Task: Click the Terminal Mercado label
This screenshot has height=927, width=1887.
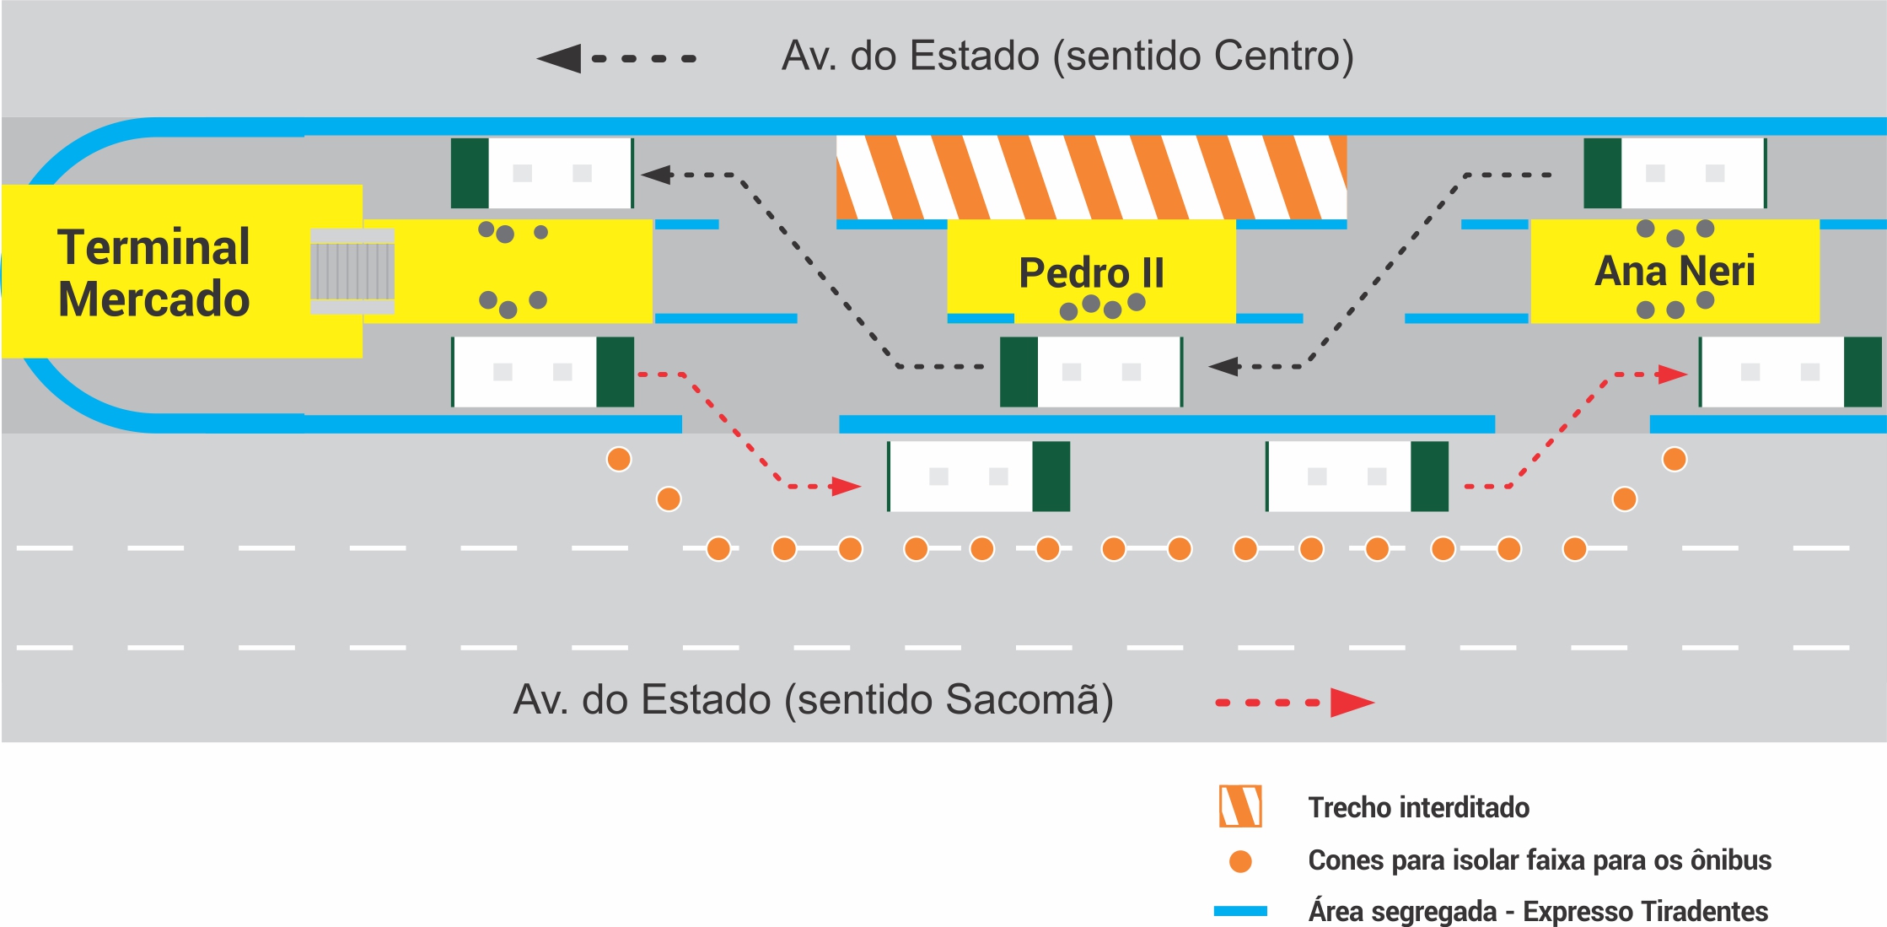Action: [153, 272]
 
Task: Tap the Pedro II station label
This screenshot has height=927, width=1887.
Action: [1091, 272]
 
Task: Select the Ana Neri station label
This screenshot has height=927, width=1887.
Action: [1675, 271]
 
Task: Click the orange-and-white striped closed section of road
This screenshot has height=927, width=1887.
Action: [1091, 177]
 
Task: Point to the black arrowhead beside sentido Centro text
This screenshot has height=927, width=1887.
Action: [559, 58]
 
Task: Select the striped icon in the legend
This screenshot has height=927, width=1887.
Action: [1240, 806]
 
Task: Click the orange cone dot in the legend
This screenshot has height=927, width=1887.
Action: [1240, 861]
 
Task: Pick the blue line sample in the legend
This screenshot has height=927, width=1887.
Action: [1240, 911]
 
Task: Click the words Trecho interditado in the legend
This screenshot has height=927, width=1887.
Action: [1418, 807]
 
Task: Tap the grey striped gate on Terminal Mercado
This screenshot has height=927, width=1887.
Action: [352, 271]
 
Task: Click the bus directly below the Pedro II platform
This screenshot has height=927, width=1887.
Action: [1091, 372]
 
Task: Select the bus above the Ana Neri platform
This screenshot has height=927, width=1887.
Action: [1675, 173]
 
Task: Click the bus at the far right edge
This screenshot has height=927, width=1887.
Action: [1790, 372]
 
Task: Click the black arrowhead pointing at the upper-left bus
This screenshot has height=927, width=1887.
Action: [657, 175]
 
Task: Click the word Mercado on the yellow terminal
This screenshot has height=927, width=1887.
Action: [153, 299]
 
